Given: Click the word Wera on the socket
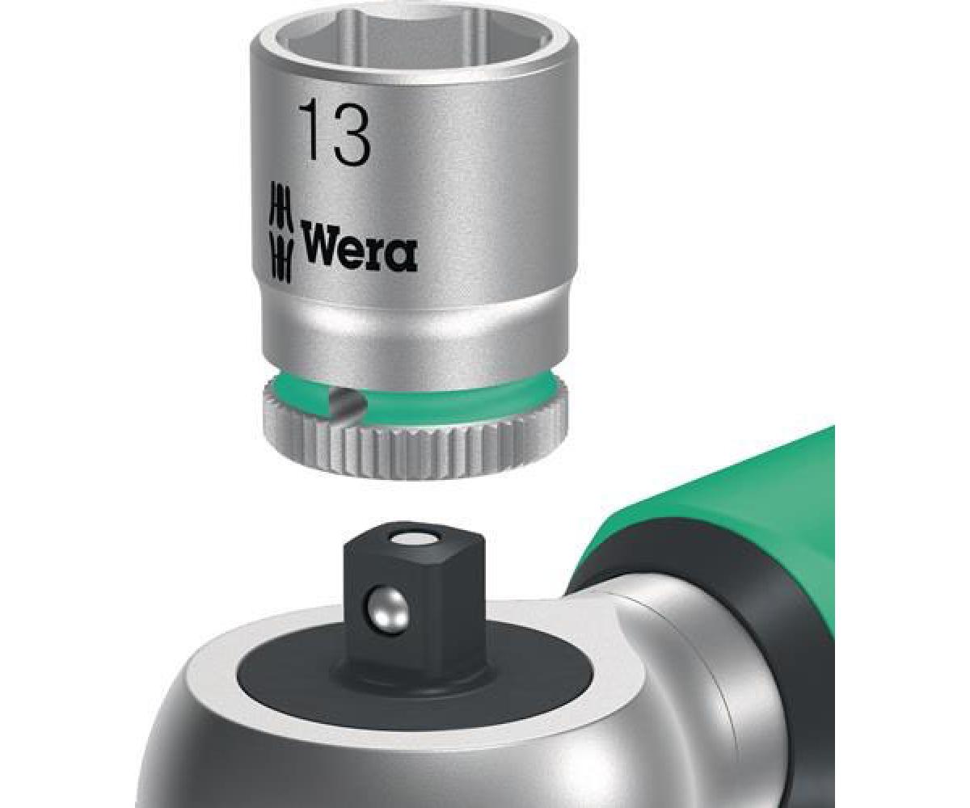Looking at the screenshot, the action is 359,250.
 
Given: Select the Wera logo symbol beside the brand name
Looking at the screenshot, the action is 281,232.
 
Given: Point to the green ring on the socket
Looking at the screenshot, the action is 413,390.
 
